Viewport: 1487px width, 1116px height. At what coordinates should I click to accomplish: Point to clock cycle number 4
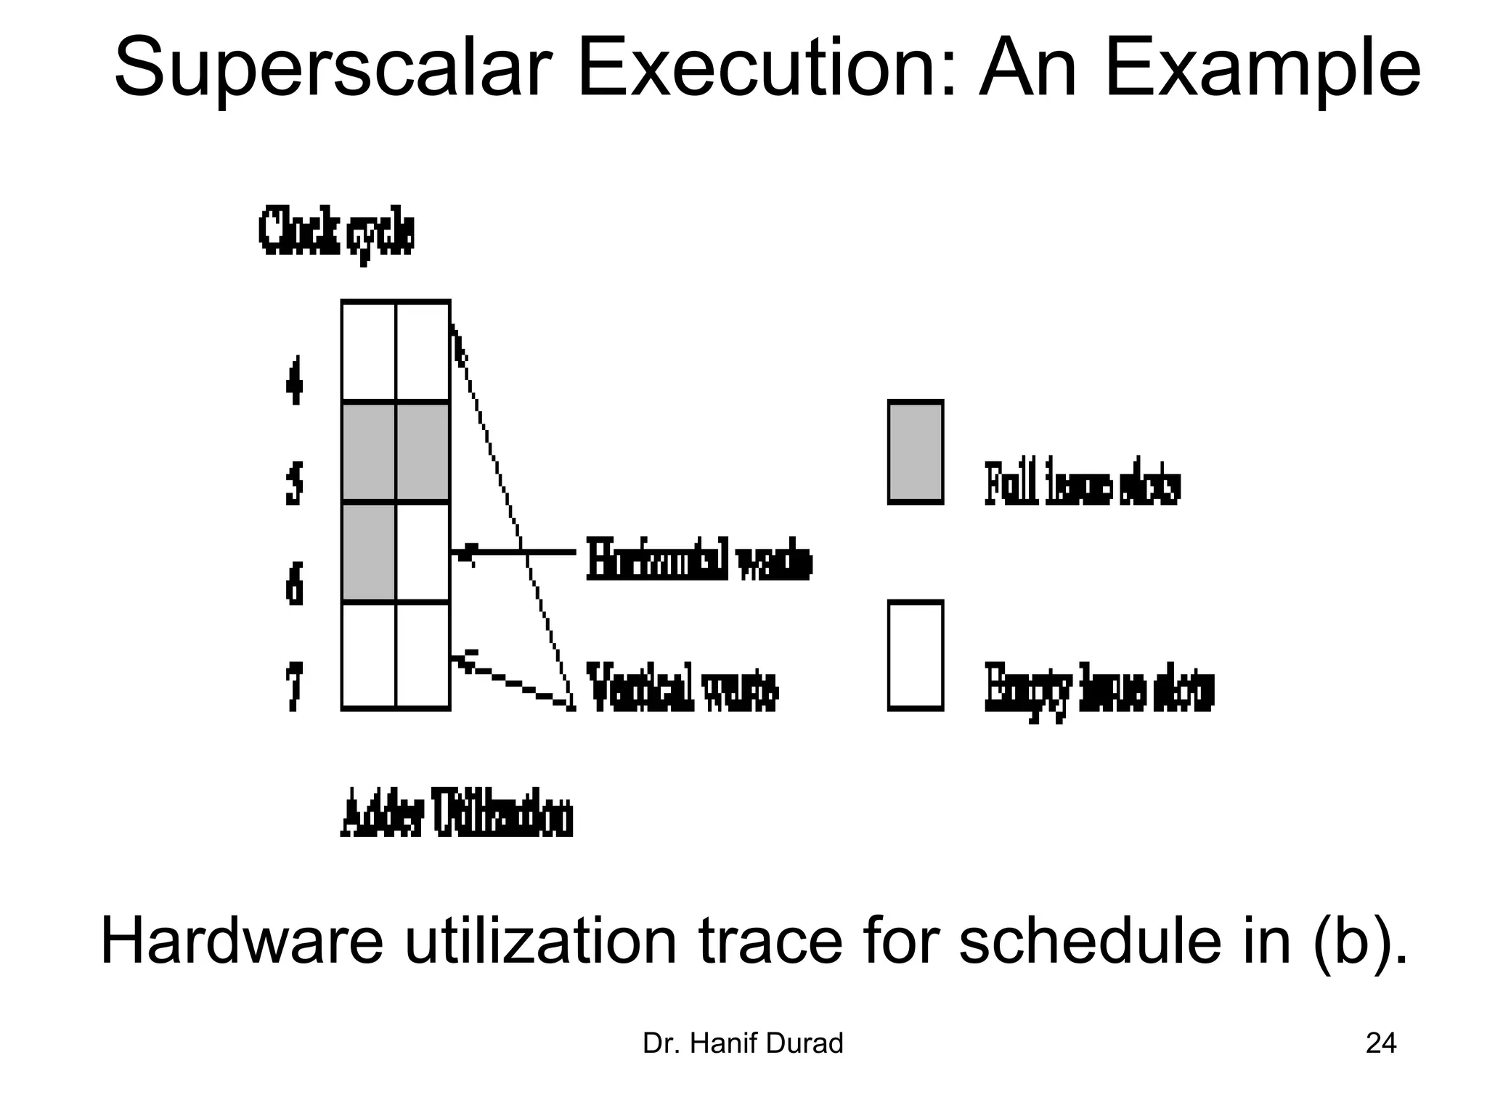[293, 380]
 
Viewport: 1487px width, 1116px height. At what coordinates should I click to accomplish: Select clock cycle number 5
[293, 482]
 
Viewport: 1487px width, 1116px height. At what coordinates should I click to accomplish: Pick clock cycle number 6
[293, 583]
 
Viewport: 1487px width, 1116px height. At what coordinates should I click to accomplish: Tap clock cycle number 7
[293, 685]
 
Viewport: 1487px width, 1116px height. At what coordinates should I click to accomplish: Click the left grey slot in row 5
[369, 451]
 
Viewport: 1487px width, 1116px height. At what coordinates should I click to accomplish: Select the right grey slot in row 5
[423, 451]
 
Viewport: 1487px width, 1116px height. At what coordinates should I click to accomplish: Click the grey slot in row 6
[369, 551]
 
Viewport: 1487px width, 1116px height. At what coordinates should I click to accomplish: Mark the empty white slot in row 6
[423, 551]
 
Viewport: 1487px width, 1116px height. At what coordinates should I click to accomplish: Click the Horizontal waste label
[698, 559]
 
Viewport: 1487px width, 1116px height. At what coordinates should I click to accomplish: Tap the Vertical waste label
[683, 687]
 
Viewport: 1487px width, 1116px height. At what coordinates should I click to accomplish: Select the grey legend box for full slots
[916, 451]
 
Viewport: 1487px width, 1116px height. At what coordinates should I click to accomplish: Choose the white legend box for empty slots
[916, 655]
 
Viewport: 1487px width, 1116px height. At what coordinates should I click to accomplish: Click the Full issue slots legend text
[1082, 483]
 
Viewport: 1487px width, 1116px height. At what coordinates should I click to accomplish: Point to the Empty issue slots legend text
[1099, 688]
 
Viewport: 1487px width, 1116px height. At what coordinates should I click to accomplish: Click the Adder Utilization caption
[457, 813]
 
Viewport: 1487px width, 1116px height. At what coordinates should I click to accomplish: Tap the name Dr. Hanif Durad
[743, 1043]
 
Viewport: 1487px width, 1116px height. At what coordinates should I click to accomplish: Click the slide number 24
[1380, 1043]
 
